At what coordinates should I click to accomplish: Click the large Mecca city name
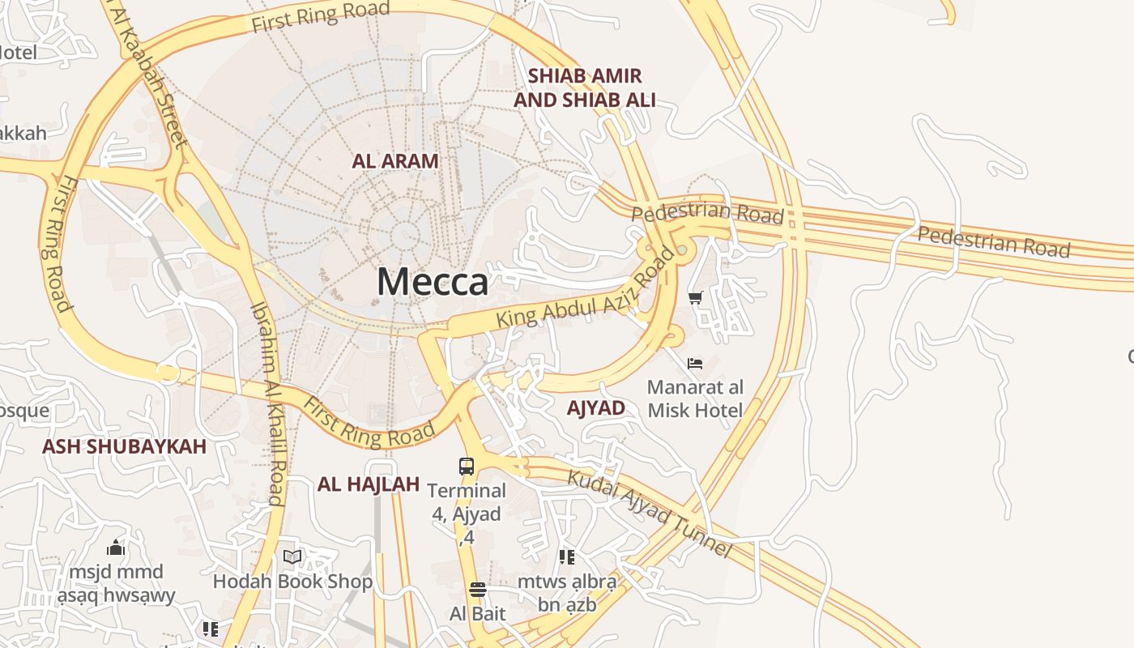tap(433, 282)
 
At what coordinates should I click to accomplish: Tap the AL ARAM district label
tap(395, 160)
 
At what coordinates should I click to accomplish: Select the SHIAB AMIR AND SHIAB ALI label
tap(585, 88)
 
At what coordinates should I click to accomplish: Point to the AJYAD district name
tap(596, 408)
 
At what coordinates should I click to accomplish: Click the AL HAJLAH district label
tap(369, 484)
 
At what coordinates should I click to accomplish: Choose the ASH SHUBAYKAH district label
tap(124, 446)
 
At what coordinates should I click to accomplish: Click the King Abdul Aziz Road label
tap(585, 292)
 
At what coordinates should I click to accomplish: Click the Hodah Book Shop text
tap(292, 582)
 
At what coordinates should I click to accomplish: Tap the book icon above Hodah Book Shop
tap(292, 556)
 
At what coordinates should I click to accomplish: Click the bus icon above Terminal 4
tap(467, 466)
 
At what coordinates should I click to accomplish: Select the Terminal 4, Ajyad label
tap(467, 514)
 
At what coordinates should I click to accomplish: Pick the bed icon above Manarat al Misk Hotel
tap(695, 364)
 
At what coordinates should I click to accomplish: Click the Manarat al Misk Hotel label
tap(695, 399)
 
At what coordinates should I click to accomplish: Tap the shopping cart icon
tap(695, 297)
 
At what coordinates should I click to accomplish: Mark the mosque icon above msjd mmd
tap(116, 548)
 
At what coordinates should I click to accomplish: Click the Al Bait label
tap(478, 613)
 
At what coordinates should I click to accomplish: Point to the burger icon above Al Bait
tap(478, 589)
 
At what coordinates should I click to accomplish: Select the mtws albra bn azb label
tap(567, 593)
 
